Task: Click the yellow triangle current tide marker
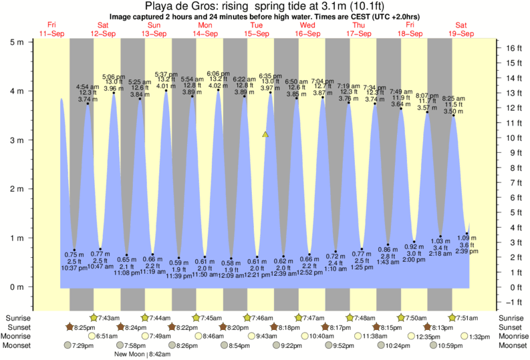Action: [265, 135]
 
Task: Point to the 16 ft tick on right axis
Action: [513, 48]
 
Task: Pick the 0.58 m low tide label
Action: [229, 262]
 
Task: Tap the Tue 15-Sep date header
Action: [256, 29]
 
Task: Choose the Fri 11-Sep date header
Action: [52, 29]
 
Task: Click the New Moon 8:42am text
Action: [142, 355]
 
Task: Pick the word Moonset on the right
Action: [512, 345]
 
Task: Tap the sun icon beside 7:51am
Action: [452, 317]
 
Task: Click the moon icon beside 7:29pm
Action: [67, 345]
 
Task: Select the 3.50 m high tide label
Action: [454, 111]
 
